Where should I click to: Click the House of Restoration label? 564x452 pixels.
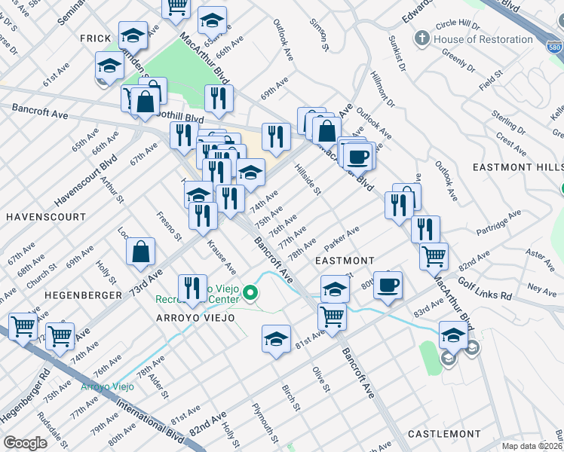point(483,39)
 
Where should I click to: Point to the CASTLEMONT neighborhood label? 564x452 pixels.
point(444,434)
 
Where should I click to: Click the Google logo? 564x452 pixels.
point(25,443)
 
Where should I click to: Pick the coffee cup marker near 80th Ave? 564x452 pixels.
point(388,285)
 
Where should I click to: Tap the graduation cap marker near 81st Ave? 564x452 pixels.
point(277,339)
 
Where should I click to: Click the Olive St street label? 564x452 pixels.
point(321,379)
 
